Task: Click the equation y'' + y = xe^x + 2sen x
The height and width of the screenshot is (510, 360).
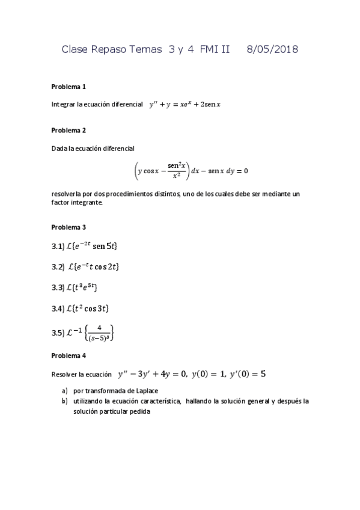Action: click(185, 104)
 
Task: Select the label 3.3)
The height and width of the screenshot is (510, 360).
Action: click(58, 287)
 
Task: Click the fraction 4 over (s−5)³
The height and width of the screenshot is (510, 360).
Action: click(100, 333)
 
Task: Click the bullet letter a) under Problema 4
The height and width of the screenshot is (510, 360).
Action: click(64, 390)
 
